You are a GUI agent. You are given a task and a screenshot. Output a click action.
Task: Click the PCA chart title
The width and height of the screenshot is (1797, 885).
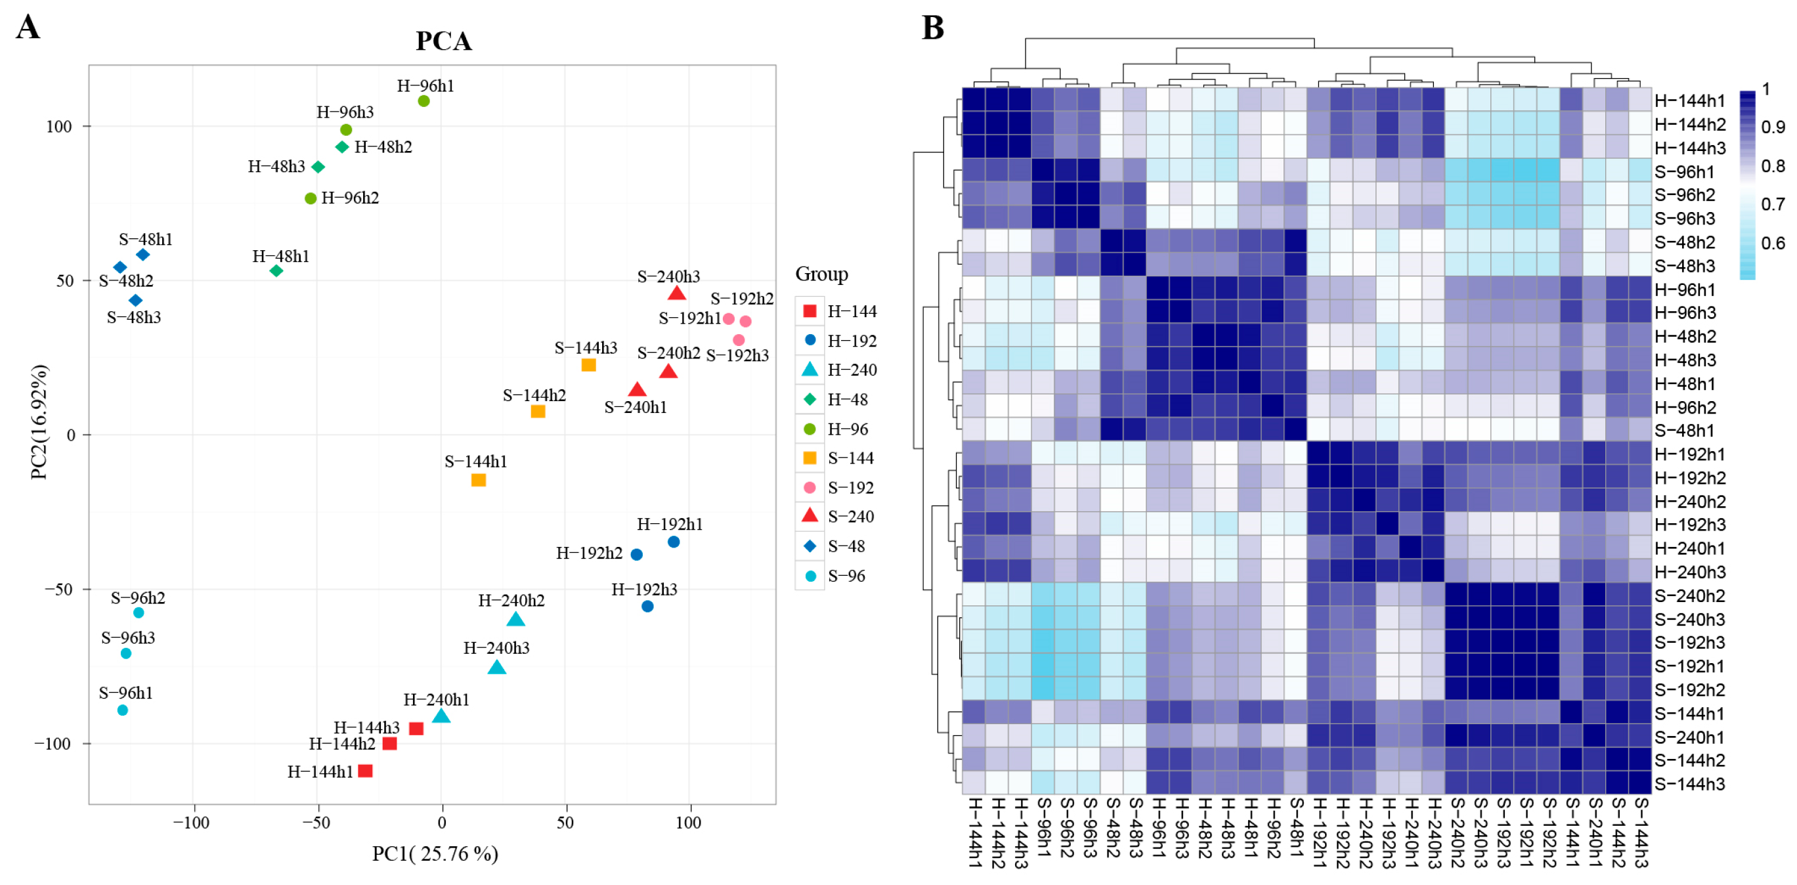pyautogui.click(x=444, y=41)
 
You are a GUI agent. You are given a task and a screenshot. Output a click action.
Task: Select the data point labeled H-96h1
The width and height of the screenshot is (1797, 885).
pyautogui.click(x=423, y=101)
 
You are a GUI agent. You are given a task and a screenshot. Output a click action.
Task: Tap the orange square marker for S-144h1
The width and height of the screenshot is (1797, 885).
pyautogui.click(x=479, y=480)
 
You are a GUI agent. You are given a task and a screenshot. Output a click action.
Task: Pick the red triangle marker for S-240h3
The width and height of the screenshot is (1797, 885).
pyautogui.click(x=676, y=293)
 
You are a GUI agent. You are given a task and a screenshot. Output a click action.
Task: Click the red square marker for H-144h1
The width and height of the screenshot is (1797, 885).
pyautogui.click(x=365, y=771)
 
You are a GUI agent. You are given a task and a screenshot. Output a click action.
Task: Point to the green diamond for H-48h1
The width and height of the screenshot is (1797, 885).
pyautogui.click(x=276, y=270)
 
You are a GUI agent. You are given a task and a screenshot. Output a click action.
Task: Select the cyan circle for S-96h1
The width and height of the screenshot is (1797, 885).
pyautogui.click(x=123, y=710)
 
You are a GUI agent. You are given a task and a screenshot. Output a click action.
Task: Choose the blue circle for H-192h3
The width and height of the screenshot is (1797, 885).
pyautogui.click(x=647, y=606)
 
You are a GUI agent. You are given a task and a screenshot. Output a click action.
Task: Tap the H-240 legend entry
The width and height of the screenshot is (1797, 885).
pyautogui.click(x=852, y=370)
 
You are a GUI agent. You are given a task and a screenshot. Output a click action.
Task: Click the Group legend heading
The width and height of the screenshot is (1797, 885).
pyautogui.click(x=822, y=274)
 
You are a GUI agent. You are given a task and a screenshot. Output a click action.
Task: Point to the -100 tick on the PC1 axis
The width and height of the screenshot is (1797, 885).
pyautogui.click(x=191, y=823)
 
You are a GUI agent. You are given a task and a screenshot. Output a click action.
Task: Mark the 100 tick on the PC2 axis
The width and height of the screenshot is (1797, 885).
pyautogui.click(x=59, y=126)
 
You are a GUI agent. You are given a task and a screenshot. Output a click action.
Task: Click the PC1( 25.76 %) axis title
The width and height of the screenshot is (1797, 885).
pyautogui.click(x=435, y=853)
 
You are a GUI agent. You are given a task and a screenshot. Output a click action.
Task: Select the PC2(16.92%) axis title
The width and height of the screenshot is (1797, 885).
pyautogui.click(x=39, y=422)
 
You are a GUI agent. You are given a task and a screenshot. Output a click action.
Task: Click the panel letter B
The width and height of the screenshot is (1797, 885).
pyautogui.click(x=933, y=28)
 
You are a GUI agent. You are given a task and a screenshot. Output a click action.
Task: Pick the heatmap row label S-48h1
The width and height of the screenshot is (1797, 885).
pyautogui.click(x=1685, y=430)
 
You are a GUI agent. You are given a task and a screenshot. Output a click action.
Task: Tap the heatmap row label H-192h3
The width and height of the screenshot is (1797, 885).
pyautogui.click(x=1689, y=525)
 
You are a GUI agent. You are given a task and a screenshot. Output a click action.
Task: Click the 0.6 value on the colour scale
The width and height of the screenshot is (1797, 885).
pyautogui.click(x=1773, y=244)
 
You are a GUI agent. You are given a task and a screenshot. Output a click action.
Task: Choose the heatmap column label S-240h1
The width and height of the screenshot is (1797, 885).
pyautogui.click(x=1595, y=832)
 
